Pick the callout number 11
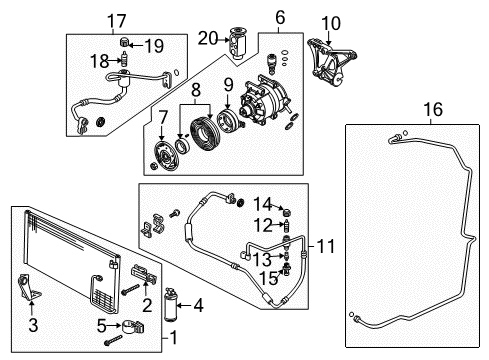point(325,244)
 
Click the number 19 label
point(155,44)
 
